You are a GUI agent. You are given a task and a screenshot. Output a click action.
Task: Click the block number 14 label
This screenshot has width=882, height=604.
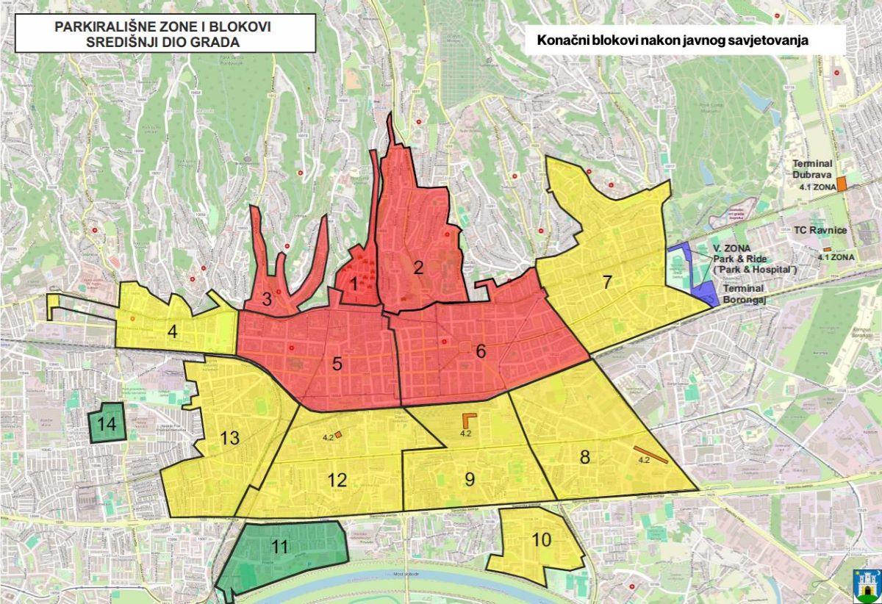107,424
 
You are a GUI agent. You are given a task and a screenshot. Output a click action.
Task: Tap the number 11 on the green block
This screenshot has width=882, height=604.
279,546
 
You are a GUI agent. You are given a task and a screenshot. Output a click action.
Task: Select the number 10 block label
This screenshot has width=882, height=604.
541,540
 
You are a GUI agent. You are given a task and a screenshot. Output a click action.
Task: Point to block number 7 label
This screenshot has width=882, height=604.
607,281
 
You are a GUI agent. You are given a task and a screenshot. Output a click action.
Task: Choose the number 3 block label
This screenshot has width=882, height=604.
267,299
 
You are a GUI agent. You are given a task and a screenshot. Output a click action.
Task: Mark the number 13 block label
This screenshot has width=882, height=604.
230,439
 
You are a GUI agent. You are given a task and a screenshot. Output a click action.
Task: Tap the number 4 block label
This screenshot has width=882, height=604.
172,332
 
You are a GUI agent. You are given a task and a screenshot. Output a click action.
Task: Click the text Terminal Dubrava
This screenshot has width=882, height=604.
811,170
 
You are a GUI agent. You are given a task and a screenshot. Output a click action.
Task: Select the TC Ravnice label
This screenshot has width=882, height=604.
820,230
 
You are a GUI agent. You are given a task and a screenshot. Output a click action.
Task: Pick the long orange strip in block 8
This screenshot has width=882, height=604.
651,455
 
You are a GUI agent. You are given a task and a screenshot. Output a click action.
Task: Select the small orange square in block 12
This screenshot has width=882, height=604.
338,434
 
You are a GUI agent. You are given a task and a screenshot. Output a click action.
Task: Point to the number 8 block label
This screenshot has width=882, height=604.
585,457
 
